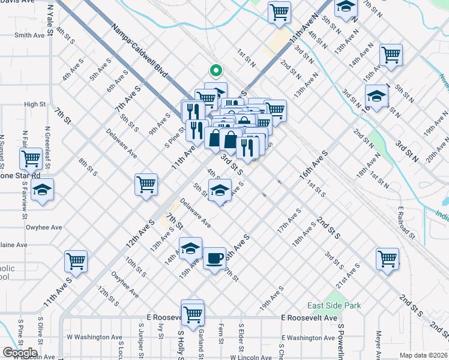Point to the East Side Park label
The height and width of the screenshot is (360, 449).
point(334,305)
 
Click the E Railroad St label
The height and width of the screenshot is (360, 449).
point(406,223)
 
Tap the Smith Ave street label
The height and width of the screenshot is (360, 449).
point(30,35)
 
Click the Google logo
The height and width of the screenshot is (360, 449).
point(20,353)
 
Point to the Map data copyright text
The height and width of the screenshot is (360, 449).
point(424,355)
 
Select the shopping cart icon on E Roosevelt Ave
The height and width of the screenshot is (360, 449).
point(193,313)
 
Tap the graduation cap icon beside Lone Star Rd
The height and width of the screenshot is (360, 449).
point(42,190)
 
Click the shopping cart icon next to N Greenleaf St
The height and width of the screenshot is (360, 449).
point(31,158)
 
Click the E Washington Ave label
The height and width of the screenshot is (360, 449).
point(308,338)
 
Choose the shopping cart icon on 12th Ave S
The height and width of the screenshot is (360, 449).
point(146,185)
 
